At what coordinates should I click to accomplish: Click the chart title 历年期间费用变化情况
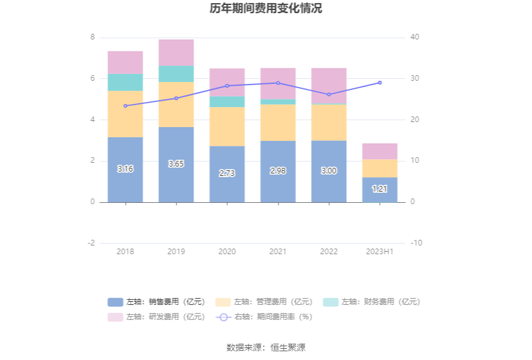pos(266,9)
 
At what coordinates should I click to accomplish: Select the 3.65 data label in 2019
pos(176,163)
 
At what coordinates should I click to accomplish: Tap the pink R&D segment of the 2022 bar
pos(329,86)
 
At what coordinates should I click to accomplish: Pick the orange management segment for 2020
pos(227,126)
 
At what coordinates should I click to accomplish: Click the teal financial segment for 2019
pos(176,74)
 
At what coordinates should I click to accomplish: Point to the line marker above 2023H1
pos(379,83)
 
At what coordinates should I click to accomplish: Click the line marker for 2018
pos(125,106)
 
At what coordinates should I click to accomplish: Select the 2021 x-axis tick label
pos(278,252)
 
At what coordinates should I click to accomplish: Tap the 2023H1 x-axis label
pos(379,252)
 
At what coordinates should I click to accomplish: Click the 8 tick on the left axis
pos(93,38)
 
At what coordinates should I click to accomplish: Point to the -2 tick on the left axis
pos(91,243)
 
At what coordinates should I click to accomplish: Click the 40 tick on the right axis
pos(415,38)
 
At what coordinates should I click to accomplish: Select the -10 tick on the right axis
pos(416,243)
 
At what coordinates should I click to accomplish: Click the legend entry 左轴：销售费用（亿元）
pos(156,302)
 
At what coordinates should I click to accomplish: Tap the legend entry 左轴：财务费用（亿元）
pos(371,302)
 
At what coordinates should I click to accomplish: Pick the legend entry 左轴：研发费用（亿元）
pos(156,317)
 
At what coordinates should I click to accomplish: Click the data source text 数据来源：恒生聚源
pos(266,347)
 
